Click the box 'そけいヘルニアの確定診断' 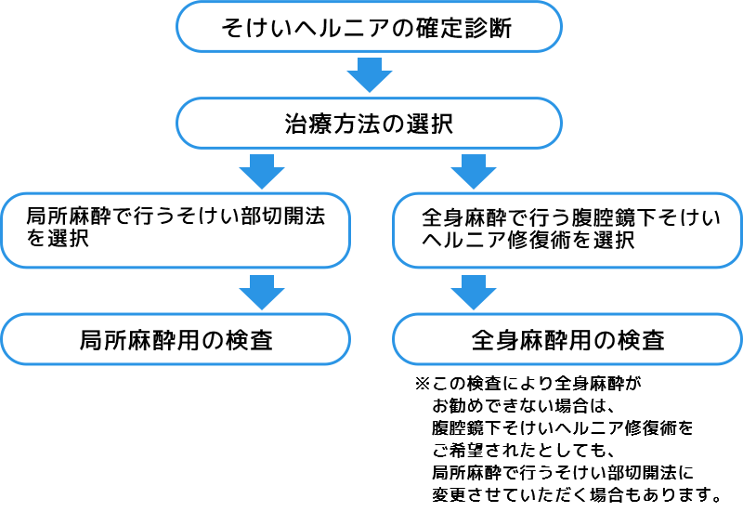point(369,28)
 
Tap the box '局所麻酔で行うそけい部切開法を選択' point(175,229)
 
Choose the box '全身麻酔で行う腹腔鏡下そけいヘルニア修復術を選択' point(567,229)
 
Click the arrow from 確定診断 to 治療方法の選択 point(369,75)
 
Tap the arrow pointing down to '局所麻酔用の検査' point(262,291)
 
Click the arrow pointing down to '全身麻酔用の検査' point(475,291)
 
